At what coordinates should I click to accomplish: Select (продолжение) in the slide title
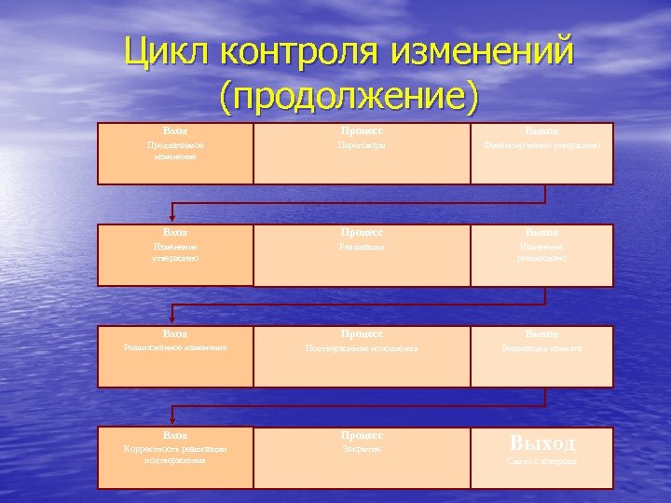coord(349,96)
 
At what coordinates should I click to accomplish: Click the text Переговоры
coord(361,145)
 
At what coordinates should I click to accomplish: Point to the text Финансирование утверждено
coord(541,145)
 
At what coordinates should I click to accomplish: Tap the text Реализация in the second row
coord(361,247)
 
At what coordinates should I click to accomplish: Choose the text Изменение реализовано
coord(541,251)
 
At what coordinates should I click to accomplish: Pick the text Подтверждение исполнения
coord(361,348)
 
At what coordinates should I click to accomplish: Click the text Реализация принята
coord(541,348)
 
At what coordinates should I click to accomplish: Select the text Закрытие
coord(361,449)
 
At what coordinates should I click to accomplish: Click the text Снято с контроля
coord(541,461)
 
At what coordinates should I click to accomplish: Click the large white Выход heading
coord(541,442)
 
